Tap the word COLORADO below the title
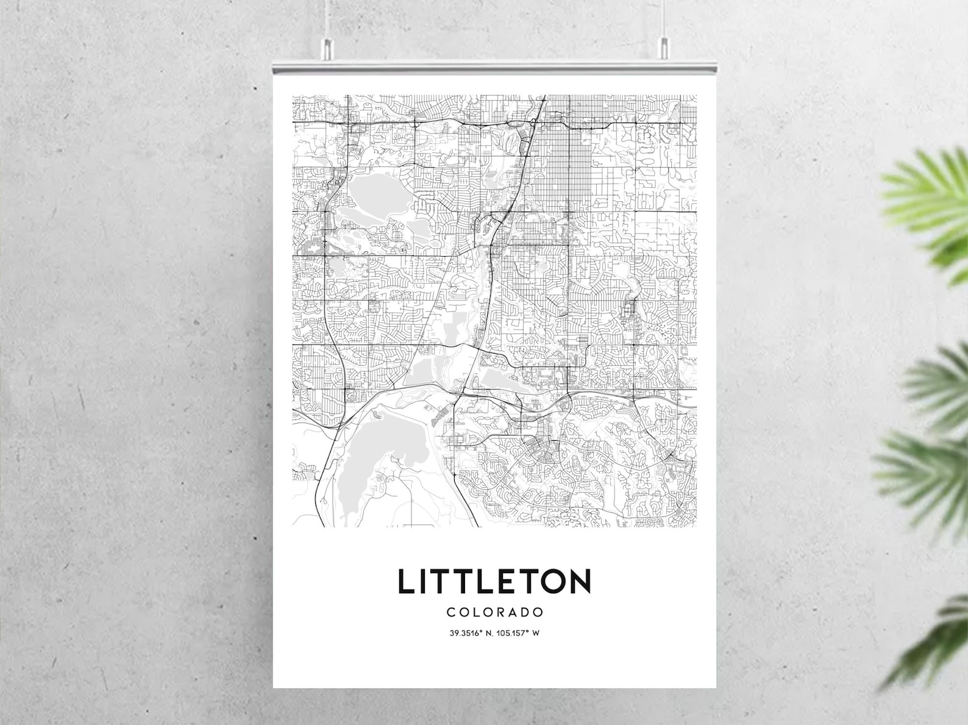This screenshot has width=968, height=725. [x=494, y=612]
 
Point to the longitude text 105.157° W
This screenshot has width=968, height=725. [x=516, y=633]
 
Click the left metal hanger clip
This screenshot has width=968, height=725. [x=327, y=49]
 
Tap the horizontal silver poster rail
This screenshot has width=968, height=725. [x=494, y=65]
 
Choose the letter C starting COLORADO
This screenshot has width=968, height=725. [x=450, y=612]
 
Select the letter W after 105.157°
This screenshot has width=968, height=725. [x=536, y=633]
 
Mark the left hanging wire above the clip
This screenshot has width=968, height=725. [x=327, y=18]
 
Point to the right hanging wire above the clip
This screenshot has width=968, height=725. [x=664, y=18]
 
